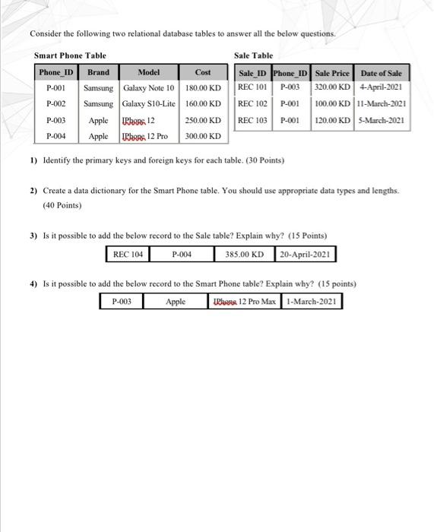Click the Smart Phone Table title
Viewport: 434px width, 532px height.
70,55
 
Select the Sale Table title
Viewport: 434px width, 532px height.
253,55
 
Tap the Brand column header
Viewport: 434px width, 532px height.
98,72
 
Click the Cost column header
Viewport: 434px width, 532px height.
203,72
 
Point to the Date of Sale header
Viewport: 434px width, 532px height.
382,73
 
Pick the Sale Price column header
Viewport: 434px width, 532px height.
332,73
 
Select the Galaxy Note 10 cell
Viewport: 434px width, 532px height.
149,88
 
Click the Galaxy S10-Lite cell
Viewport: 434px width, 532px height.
149,104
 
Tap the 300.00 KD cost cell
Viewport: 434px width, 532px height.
203,137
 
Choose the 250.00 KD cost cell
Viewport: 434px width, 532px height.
203,121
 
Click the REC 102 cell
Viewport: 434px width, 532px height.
252,104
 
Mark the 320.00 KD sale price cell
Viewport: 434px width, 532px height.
332,88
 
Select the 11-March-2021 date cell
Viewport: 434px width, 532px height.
382,104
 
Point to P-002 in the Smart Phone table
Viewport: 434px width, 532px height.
56,104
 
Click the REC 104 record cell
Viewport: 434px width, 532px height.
128,254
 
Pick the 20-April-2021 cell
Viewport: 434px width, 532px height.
305,254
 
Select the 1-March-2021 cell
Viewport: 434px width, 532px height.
312,302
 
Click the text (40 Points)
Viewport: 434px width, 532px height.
62,205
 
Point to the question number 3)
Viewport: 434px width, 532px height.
33,236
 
